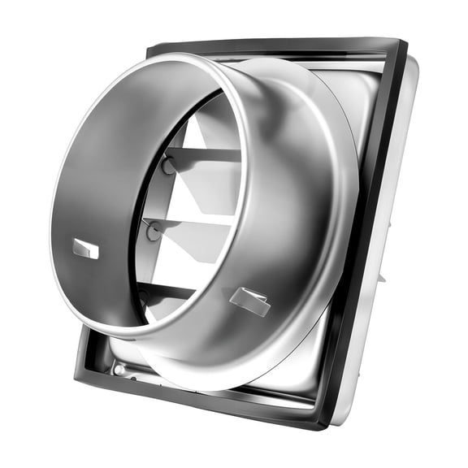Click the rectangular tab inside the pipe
[x=85, y=249]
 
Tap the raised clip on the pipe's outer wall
[x=250, y=301]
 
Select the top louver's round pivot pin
[x=167, y=166]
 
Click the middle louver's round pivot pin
[x=154, y=232]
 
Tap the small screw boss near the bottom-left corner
[x=120, y=370]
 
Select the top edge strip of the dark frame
[x=276, y=45]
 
